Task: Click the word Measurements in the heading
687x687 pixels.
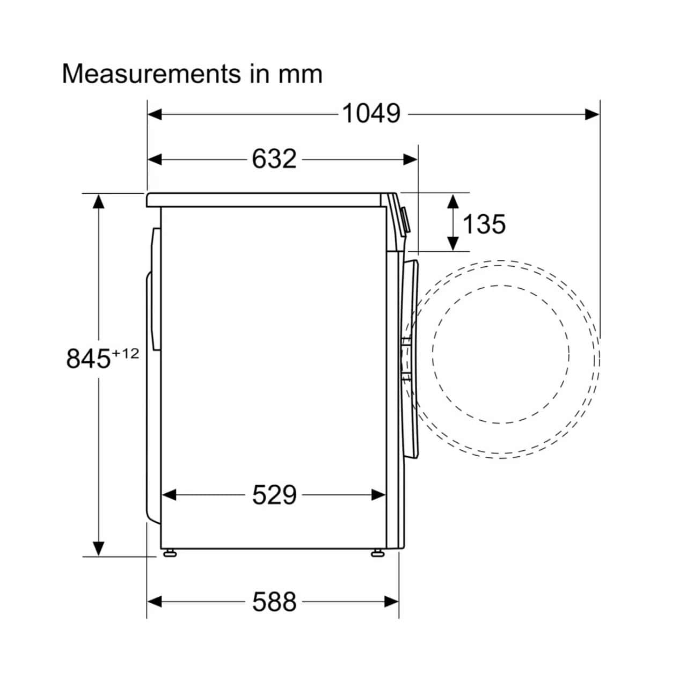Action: [151, 74]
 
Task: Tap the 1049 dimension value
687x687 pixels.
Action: [371, 114]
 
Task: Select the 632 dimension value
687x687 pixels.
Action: [274, 159]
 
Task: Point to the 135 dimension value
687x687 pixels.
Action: [484, 224]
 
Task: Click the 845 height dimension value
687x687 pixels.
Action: [88, 359]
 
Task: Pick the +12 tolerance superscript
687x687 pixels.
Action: [126, 354]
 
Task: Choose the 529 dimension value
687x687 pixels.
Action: [274, 495]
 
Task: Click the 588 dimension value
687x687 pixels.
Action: [274, 602]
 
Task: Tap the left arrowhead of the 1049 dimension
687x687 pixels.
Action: [155, 114]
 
